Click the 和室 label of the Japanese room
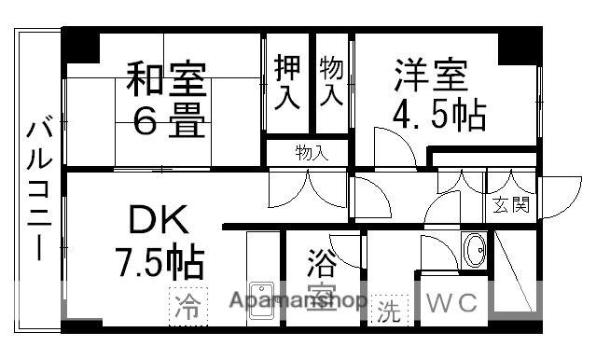pyautogui.click(x=167, y=79)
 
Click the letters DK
pyautogui.click(x=159, y=223)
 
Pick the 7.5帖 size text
pyautogui.click(x=159, y=263)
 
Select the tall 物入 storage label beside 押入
pyautogui.click(x=331, y=81)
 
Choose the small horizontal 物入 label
pyautogui.click(x=312, y=152)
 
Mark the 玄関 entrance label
pyautogui.click(x=511, y=204)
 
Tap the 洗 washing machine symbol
pyautogui.click(x=386, y=312)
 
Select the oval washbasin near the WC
pyautogui.click(x=475, y=250)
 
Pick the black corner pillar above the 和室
pyautogui.click(x=81, y=45)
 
